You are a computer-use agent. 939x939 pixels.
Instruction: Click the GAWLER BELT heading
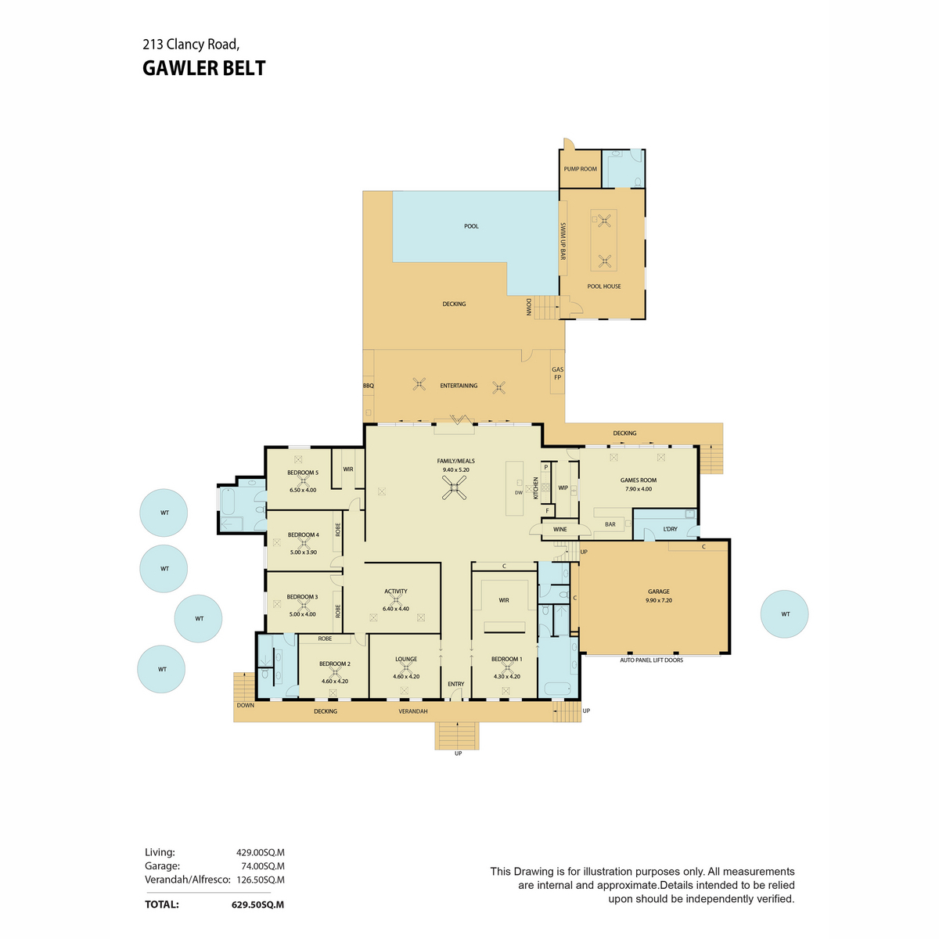tap(203, 68)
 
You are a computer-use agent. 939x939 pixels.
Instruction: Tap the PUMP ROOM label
tap(580, 169)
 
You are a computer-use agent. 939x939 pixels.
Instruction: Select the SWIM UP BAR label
tap(563, 241)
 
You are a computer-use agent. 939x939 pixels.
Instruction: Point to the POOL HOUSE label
tap(604, 286)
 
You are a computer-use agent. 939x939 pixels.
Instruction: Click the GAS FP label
tap(557, 373)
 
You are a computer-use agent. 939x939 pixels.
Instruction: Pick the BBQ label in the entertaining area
tap(369, 386)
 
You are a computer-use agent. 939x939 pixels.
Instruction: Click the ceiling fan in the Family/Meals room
tap(454, 487)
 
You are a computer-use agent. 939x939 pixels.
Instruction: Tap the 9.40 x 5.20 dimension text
tap(455, 469)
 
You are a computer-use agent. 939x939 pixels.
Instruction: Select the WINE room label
tap(560, 529)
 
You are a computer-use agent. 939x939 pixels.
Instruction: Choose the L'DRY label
tap(670, 529)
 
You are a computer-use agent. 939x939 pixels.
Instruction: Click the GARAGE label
tap(658, 592)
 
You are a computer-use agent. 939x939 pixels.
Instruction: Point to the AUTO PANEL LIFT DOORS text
tap(651, 660)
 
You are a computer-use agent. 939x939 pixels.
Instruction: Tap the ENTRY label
tap(455, 684)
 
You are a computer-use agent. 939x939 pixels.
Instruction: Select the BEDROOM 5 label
tap(303, 473)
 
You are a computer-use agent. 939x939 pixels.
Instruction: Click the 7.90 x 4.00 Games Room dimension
tap(639, 489)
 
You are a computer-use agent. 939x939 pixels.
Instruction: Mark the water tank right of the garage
tap(784, 614)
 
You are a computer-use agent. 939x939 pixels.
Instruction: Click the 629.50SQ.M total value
tap(257, 905)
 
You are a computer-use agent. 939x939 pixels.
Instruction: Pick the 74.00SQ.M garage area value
tap(263, 866)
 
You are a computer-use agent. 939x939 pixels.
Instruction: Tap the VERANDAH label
tap(412, 711)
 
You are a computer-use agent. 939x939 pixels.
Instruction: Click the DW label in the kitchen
tap(518, 493)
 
